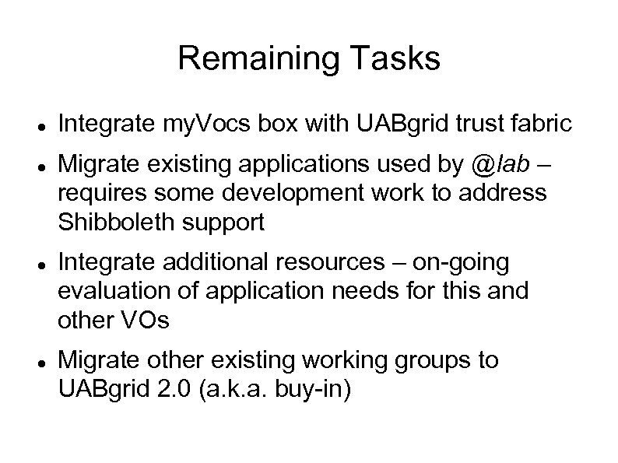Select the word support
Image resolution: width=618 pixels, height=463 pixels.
228,223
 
